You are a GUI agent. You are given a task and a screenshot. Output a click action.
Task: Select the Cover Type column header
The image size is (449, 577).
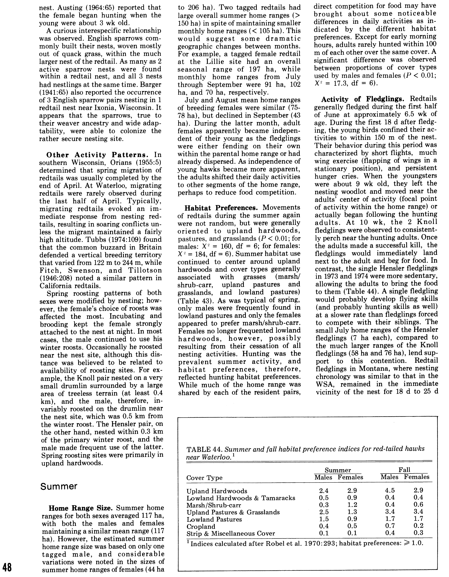coord(204,478)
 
